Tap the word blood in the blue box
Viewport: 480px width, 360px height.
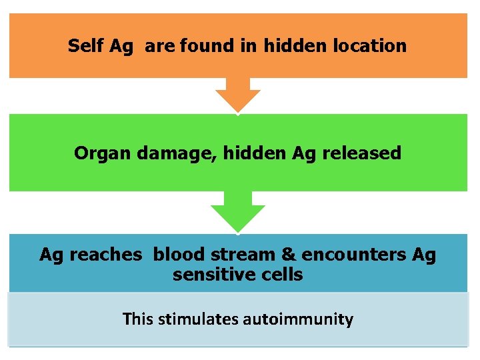point(176,254)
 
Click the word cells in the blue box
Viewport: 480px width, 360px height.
point(281,274)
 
